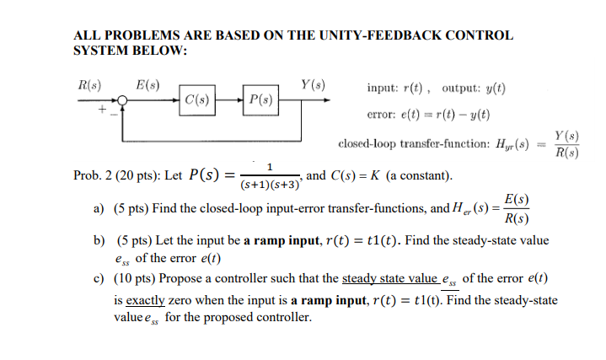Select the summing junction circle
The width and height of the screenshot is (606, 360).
(x=124, y=100)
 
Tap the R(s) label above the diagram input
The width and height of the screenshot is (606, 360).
(x=87, y=84)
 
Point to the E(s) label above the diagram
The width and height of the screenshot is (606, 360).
(x=147, y=84)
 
